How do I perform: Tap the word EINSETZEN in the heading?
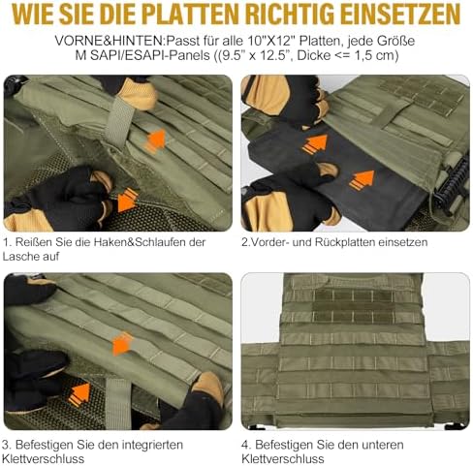400,15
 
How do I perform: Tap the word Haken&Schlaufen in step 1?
141,242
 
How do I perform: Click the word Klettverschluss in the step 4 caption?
283,459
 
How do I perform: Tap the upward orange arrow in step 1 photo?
156,140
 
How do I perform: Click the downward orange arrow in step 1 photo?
127,201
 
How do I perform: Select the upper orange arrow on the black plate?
315,143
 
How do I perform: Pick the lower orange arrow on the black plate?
362,180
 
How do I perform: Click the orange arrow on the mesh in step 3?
79,394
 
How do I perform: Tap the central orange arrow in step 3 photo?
122,343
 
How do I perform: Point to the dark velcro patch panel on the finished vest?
353,306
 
